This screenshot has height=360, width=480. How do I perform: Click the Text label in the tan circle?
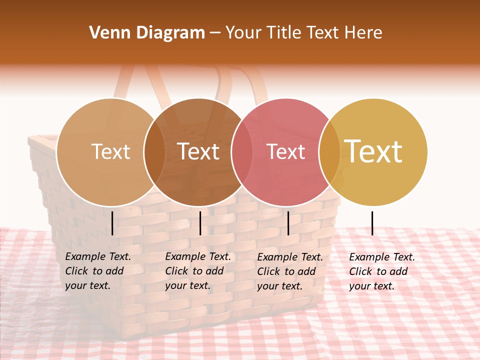(110, 151)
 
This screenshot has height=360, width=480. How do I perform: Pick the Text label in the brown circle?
(198, 151)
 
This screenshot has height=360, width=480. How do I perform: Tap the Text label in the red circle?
(285, 151)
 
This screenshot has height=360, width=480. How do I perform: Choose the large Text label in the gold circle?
(373, 151)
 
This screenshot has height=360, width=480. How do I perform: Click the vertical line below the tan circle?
(112, 223)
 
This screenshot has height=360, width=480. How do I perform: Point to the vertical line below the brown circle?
(200, 223)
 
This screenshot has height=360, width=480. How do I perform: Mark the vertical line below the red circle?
(288, 223)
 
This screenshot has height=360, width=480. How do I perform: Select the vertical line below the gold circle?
(372, 223)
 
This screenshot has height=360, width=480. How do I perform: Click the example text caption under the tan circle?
(98, 271)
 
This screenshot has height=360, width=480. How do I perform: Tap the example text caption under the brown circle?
(198, 271)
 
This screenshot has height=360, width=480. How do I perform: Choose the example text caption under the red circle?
(290, 271)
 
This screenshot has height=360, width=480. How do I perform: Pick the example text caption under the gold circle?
(382, 271)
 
